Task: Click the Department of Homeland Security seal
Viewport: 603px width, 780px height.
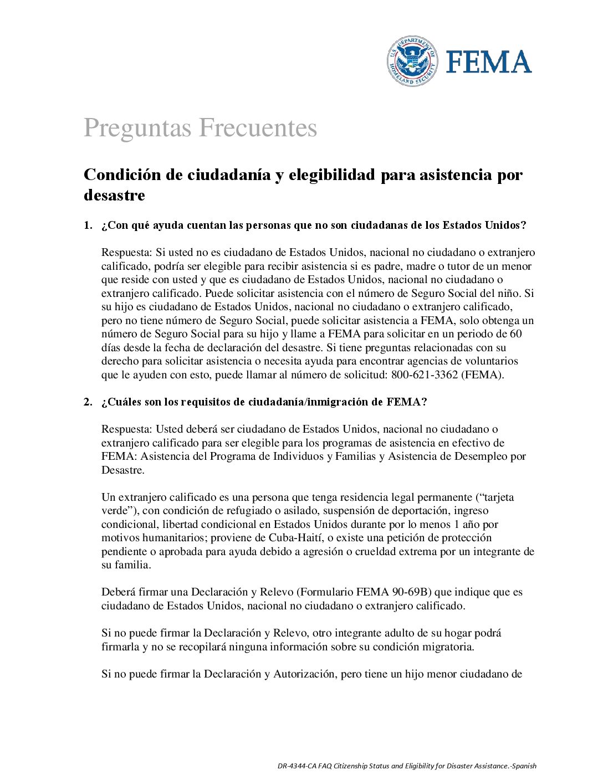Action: pyautogui.click(x=412, y=61)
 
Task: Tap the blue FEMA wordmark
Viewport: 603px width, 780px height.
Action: pyautogui.click(x=489, y=61)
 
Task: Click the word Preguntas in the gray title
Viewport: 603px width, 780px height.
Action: pyautogui.click(x=139, y=128)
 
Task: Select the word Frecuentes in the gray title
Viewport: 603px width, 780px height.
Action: pyautogui.click(x=258, y=128)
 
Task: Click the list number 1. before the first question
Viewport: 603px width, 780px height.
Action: pyautogui.click(x=88, y=225)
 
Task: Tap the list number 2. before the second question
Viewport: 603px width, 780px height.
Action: pyautogui.click(x=88, y=402)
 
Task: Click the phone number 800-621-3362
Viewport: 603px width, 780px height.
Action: pyautogui.click(x=425, y=375)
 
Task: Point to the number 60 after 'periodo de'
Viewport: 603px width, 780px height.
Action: pyautogui.click(x=515, y=334)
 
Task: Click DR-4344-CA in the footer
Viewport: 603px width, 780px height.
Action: pyautogui.click(x=295, y=766)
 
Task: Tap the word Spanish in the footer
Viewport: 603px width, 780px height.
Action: pyautogui.click(x=524, y=766)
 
